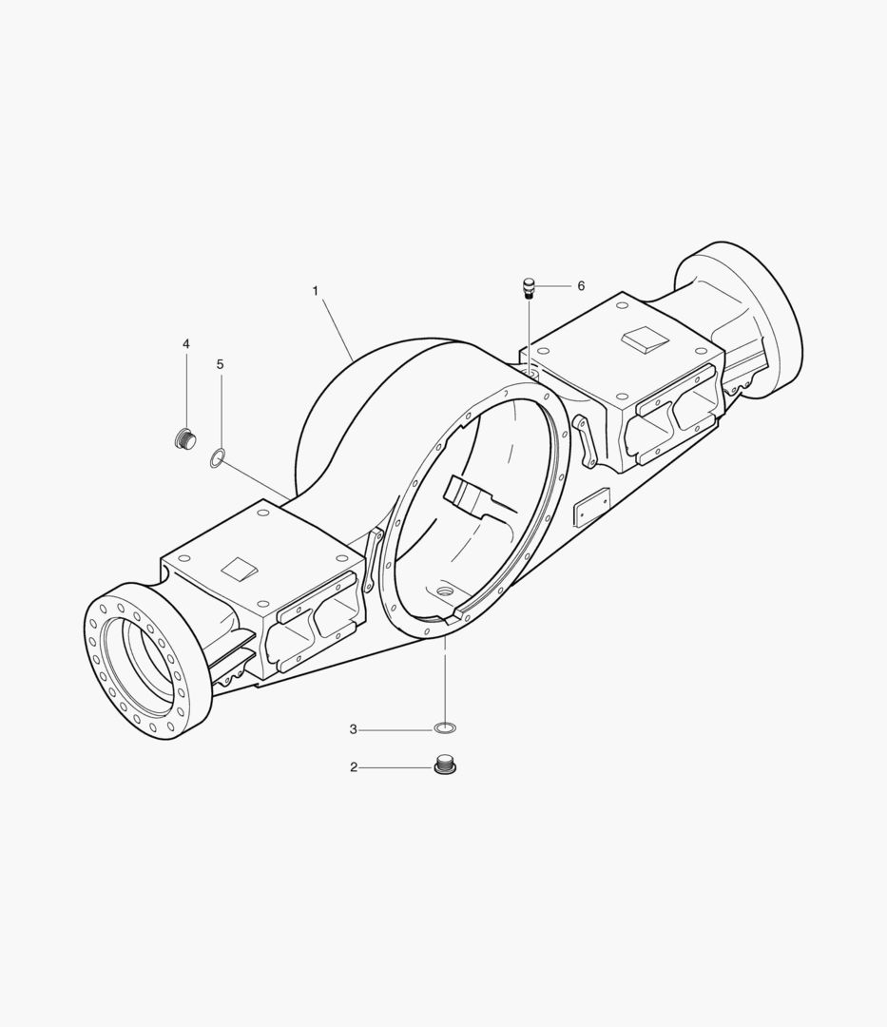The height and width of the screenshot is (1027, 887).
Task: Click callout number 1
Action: (x=315, y=291)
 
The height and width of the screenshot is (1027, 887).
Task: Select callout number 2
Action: (x=354, y=767)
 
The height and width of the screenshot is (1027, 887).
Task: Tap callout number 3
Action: (x=354, y=729)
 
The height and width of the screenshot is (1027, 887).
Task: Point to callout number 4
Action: (x=186, y=344)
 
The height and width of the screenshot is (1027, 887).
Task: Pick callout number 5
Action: (x=220, y=364)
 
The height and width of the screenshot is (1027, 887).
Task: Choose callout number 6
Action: (x=581, y=286)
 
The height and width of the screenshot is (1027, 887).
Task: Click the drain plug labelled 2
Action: (x=445, y=764)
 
